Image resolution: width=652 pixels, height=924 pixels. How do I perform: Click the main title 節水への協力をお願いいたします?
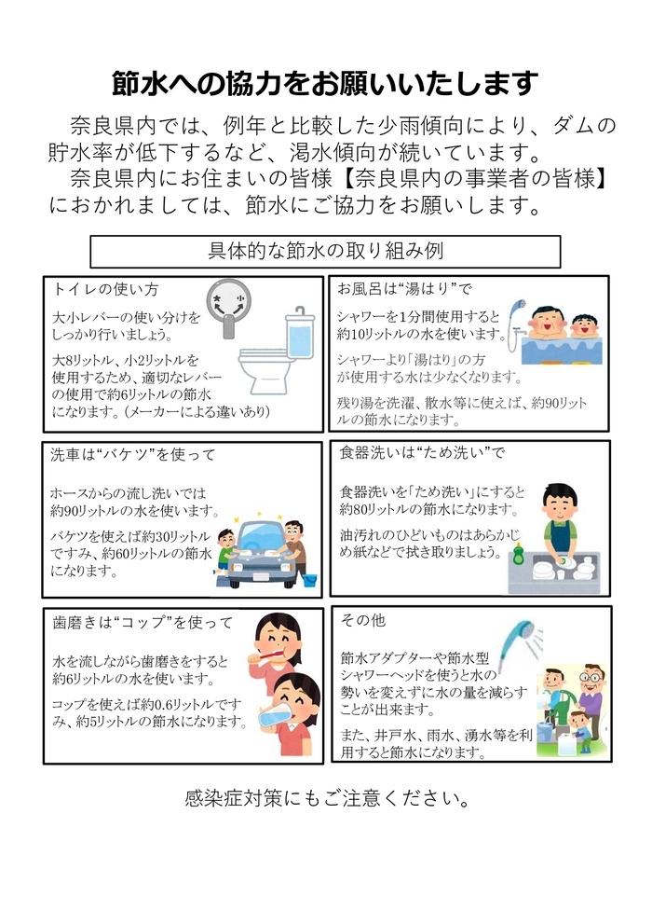(x=325, y=84)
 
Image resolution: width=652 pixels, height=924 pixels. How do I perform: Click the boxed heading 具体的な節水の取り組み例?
(x=325, y=251)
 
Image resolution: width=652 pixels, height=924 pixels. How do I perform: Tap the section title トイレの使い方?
(x=106, y=288)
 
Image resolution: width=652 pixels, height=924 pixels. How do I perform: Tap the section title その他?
(x=363, y=620)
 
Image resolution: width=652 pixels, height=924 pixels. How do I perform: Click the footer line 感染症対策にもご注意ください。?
(x=325, y=799)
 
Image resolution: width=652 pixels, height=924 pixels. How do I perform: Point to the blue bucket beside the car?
(x=309, y=578)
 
